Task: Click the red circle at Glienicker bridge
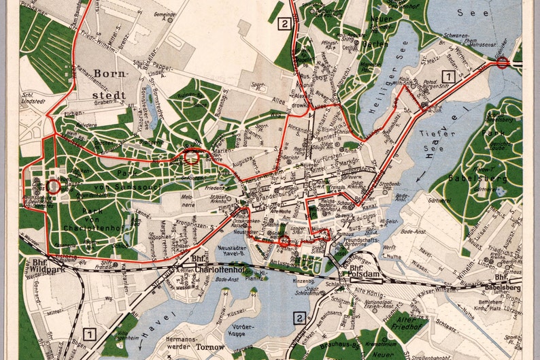(x=503, y=63)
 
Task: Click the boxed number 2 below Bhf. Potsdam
(x=298, y=317)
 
